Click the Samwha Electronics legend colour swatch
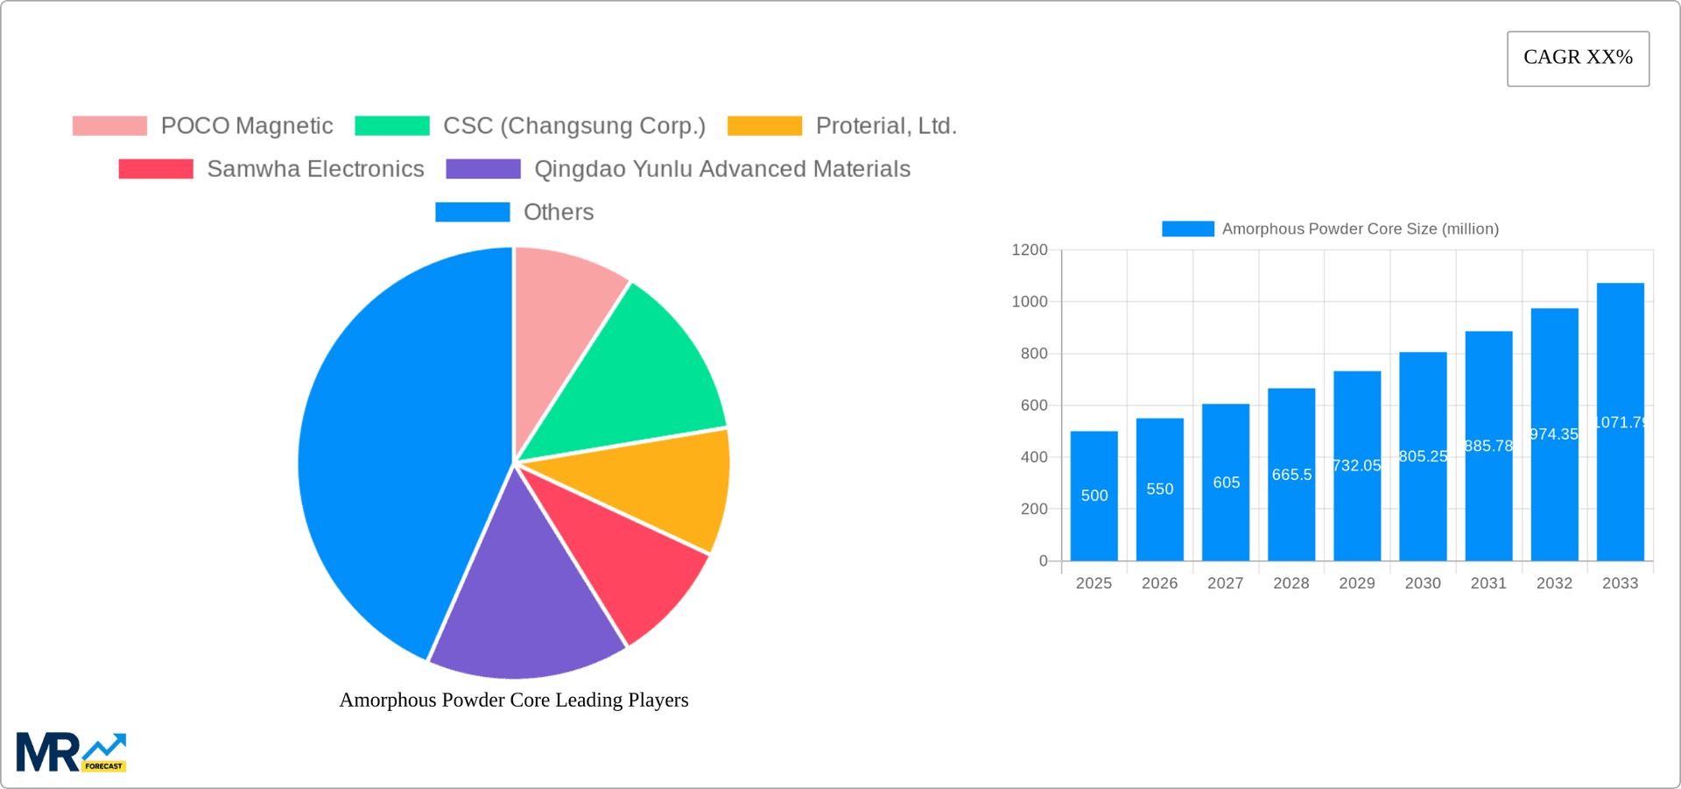coord(156,169)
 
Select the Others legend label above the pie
coord(558,212)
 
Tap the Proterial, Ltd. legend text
coord(885,126)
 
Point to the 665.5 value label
coord(1291,475)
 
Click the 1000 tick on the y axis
coord(1030,302)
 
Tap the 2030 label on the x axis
coord(1423,583)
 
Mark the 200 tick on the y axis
coord(1034,509)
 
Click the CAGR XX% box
coord(1578,59)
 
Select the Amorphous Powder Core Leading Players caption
coord(514,700)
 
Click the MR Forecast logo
coord(71,752)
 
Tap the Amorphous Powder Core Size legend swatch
coord(1187,229)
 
